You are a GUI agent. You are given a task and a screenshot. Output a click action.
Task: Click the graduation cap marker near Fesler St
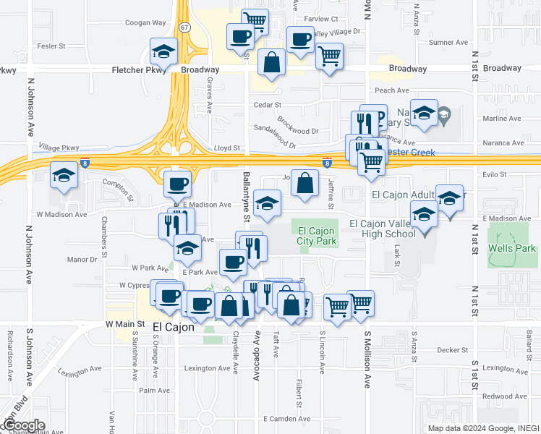pos(164,53)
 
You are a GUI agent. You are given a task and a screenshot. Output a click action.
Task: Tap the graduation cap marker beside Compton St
pos(64,176)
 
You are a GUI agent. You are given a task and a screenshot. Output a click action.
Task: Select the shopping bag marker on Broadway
pos(271,63)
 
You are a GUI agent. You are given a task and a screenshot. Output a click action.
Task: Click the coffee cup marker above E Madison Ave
pos(177,184)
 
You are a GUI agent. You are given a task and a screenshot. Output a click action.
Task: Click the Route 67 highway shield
pos(185,27)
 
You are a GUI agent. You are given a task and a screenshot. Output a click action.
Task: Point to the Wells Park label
pos(511,249)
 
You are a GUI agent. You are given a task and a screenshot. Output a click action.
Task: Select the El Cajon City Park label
pos(317,236)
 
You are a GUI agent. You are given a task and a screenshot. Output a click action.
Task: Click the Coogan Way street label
pos(145,23)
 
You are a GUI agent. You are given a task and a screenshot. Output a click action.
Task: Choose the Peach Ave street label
pos(391,90)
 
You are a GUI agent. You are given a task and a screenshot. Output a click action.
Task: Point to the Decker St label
pos(453,349)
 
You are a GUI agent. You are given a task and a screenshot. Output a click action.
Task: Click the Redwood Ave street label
pos(506,396)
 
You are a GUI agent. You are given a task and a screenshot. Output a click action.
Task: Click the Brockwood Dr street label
pos(297,126)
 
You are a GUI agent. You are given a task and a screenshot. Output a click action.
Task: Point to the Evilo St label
pos(494,174)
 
